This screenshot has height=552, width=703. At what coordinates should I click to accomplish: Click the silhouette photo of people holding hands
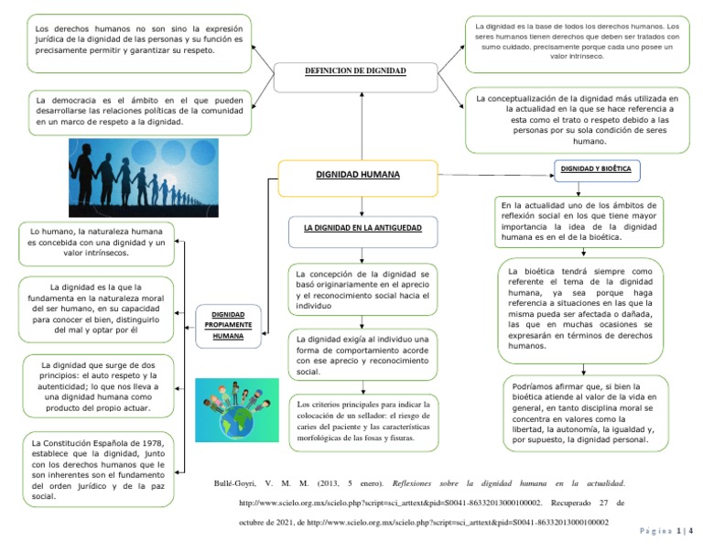click(x=144, y=177)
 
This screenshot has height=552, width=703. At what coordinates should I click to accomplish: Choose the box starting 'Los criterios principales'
click(x=363, y=420)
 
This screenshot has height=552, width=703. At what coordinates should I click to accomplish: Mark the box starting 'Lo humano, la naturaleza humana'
click(x=97, y=242)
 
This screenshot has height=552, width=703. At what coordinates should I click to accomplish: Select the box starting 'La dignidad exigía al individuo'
click(x=363, y=355)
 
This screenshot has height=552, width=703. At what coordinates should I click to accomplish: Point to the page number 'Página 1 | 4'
click(x=666, y=530)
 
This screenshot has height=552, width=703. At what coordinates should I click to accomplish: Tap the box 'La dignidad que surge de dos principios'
click(x=97, y=386)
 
